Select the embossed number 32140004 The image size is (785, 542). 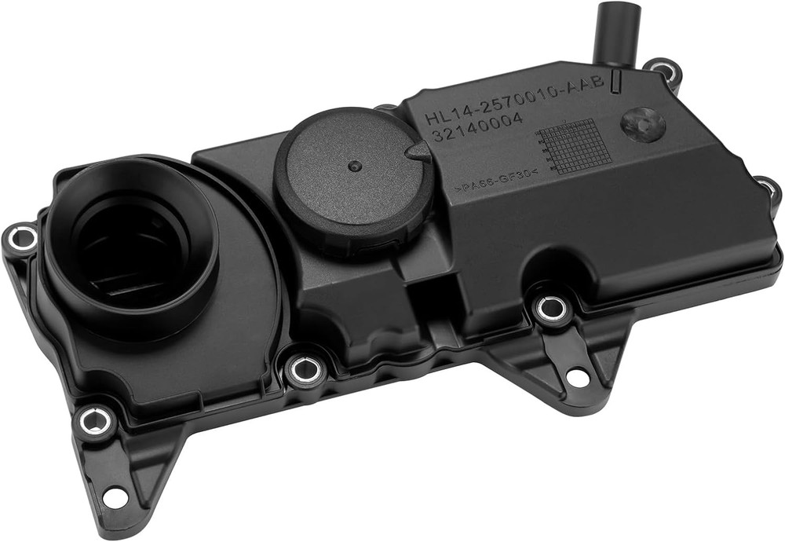[470, 129]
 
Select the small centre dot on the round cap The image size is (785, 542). [355, 167]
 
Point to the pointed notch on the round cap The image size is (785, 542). [419, 152]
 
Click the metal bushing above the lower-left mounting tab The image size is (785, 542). [96, 422]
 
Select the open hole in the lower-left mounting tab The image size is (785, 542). [115, 496]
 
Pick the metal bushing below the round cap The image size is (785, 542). [305, 368]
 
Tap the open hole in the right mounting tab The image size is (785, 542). [578, 377]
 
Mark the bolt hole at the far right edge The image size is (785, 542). [767, 189]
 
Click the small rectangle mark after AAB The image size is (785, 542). [616, 79]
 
